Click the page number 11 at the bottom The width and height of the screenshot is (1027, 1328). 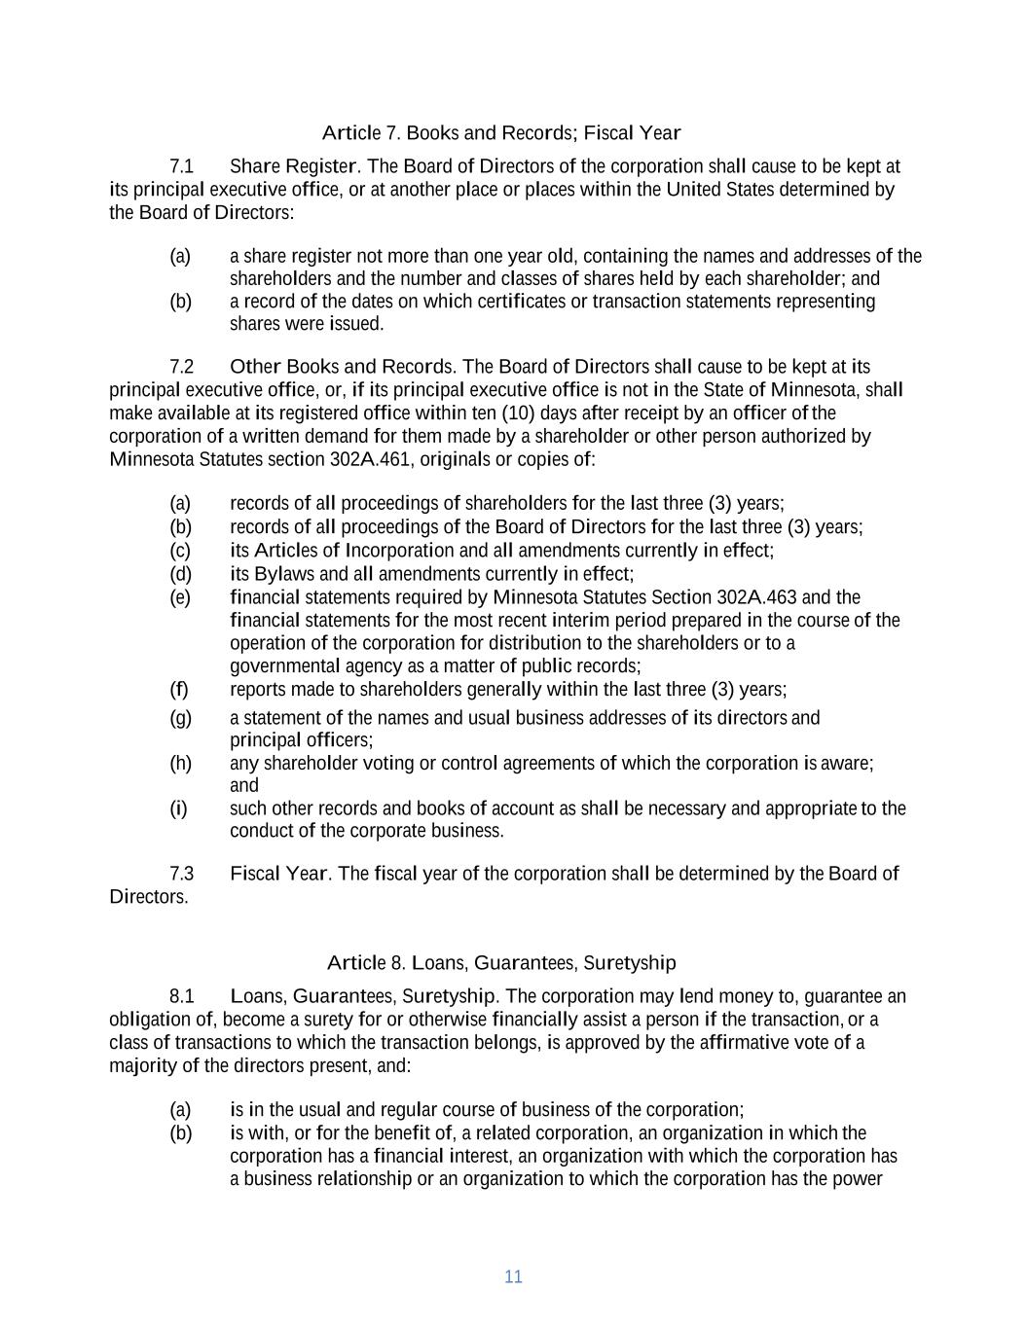tap(513, 1277)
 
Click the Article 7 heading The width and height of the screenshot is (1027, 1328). tap(500, 132)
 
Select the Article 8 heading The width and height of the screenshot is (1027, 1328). tap(501, 963)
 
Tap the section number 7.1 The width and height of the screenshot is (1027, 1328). tap(182, 166)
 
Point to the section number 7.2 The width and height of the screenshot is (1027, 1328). tap(182, 367)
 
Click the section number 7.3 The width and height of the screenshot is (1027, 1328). tap(182, 874)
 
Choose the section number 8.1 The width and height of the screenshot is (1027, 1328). tap(182, 996)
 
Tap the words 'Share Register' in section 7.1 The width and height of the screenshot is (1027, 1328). tap(293, 166)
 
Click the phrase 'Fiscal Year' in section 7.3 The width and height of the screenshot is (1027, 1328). tap(278, 874)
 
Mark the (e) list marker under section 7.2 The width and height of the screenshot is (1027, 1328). tap(180, 597)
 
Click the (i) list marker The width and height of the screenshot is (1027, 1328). tap(179, 808)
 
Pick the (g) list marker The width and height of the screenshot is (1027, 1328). tap(180, 718)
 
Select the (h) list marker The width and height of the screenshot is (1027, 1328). tap(180, 763)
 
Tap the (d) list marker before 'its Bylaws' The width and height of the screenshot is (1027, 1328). tap(180, 574)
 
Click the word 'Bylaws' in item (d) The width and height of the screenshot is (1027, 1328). tap(280, 574)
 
